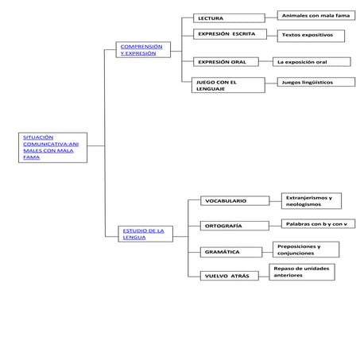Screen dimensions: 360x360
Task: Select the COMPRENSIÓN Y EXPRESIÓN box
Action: pos(141,50)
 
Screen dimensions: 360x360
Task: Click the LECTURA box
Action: pos(229,17)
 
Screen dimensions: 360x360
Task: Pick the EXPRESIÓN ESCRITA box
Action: pos(229,34)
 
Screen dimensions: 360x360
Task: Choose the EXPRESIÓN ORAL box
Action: pos(229,61)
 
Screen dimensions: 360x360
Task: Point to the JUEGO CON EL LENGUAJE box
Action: pos(229,85)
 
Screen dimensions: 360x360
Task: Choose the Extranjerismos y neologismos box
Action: pos(312,200)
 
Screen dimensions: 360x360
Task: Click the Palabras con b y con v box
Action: pos(317,224)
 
